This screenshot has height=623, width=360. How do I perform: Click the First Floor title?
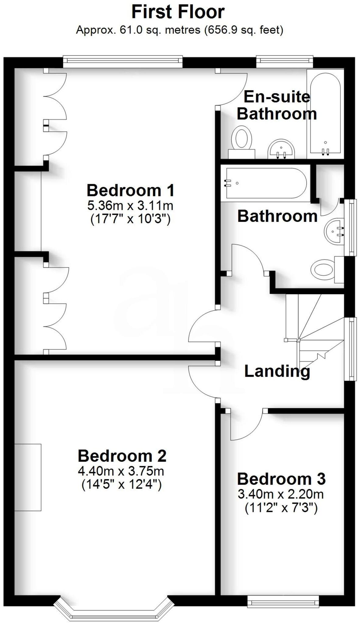pyautogui.click(x=178, y=12)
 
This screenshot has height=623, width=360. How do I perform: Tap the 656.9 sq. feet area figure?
pyautogui.click(x=243, y=30)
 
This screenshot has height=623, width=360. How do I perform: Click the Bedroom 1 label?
pyautogui.click(x=131, y=190)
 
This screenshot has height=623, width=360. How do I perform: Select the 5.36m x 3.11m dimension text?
pyautogui.click(x=130, y=206)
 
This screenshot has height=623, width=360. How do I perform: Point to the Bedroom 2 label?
pyautogui.click(x=122, y=456)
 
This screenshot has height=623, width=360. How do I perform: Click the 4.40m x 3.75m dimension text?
pyautogui.click(x=121, y=471)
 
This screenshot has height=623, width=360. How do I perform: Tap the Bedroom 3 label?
pyautogui.click(x=281, y=479)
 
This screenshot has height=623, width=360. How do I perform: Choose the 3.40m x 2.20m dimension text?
pyautogui.click(x=281, y=494)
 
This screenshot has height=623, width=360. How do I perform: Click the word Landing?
pyautogui.click(x=277, y=371)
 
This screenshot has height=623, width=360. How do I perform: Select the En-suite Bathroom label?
pyautogui.click(x=277, y=105)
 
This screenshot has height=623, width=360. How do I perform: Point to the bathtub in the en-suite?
pyautogui.click(x=325, y=113)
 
